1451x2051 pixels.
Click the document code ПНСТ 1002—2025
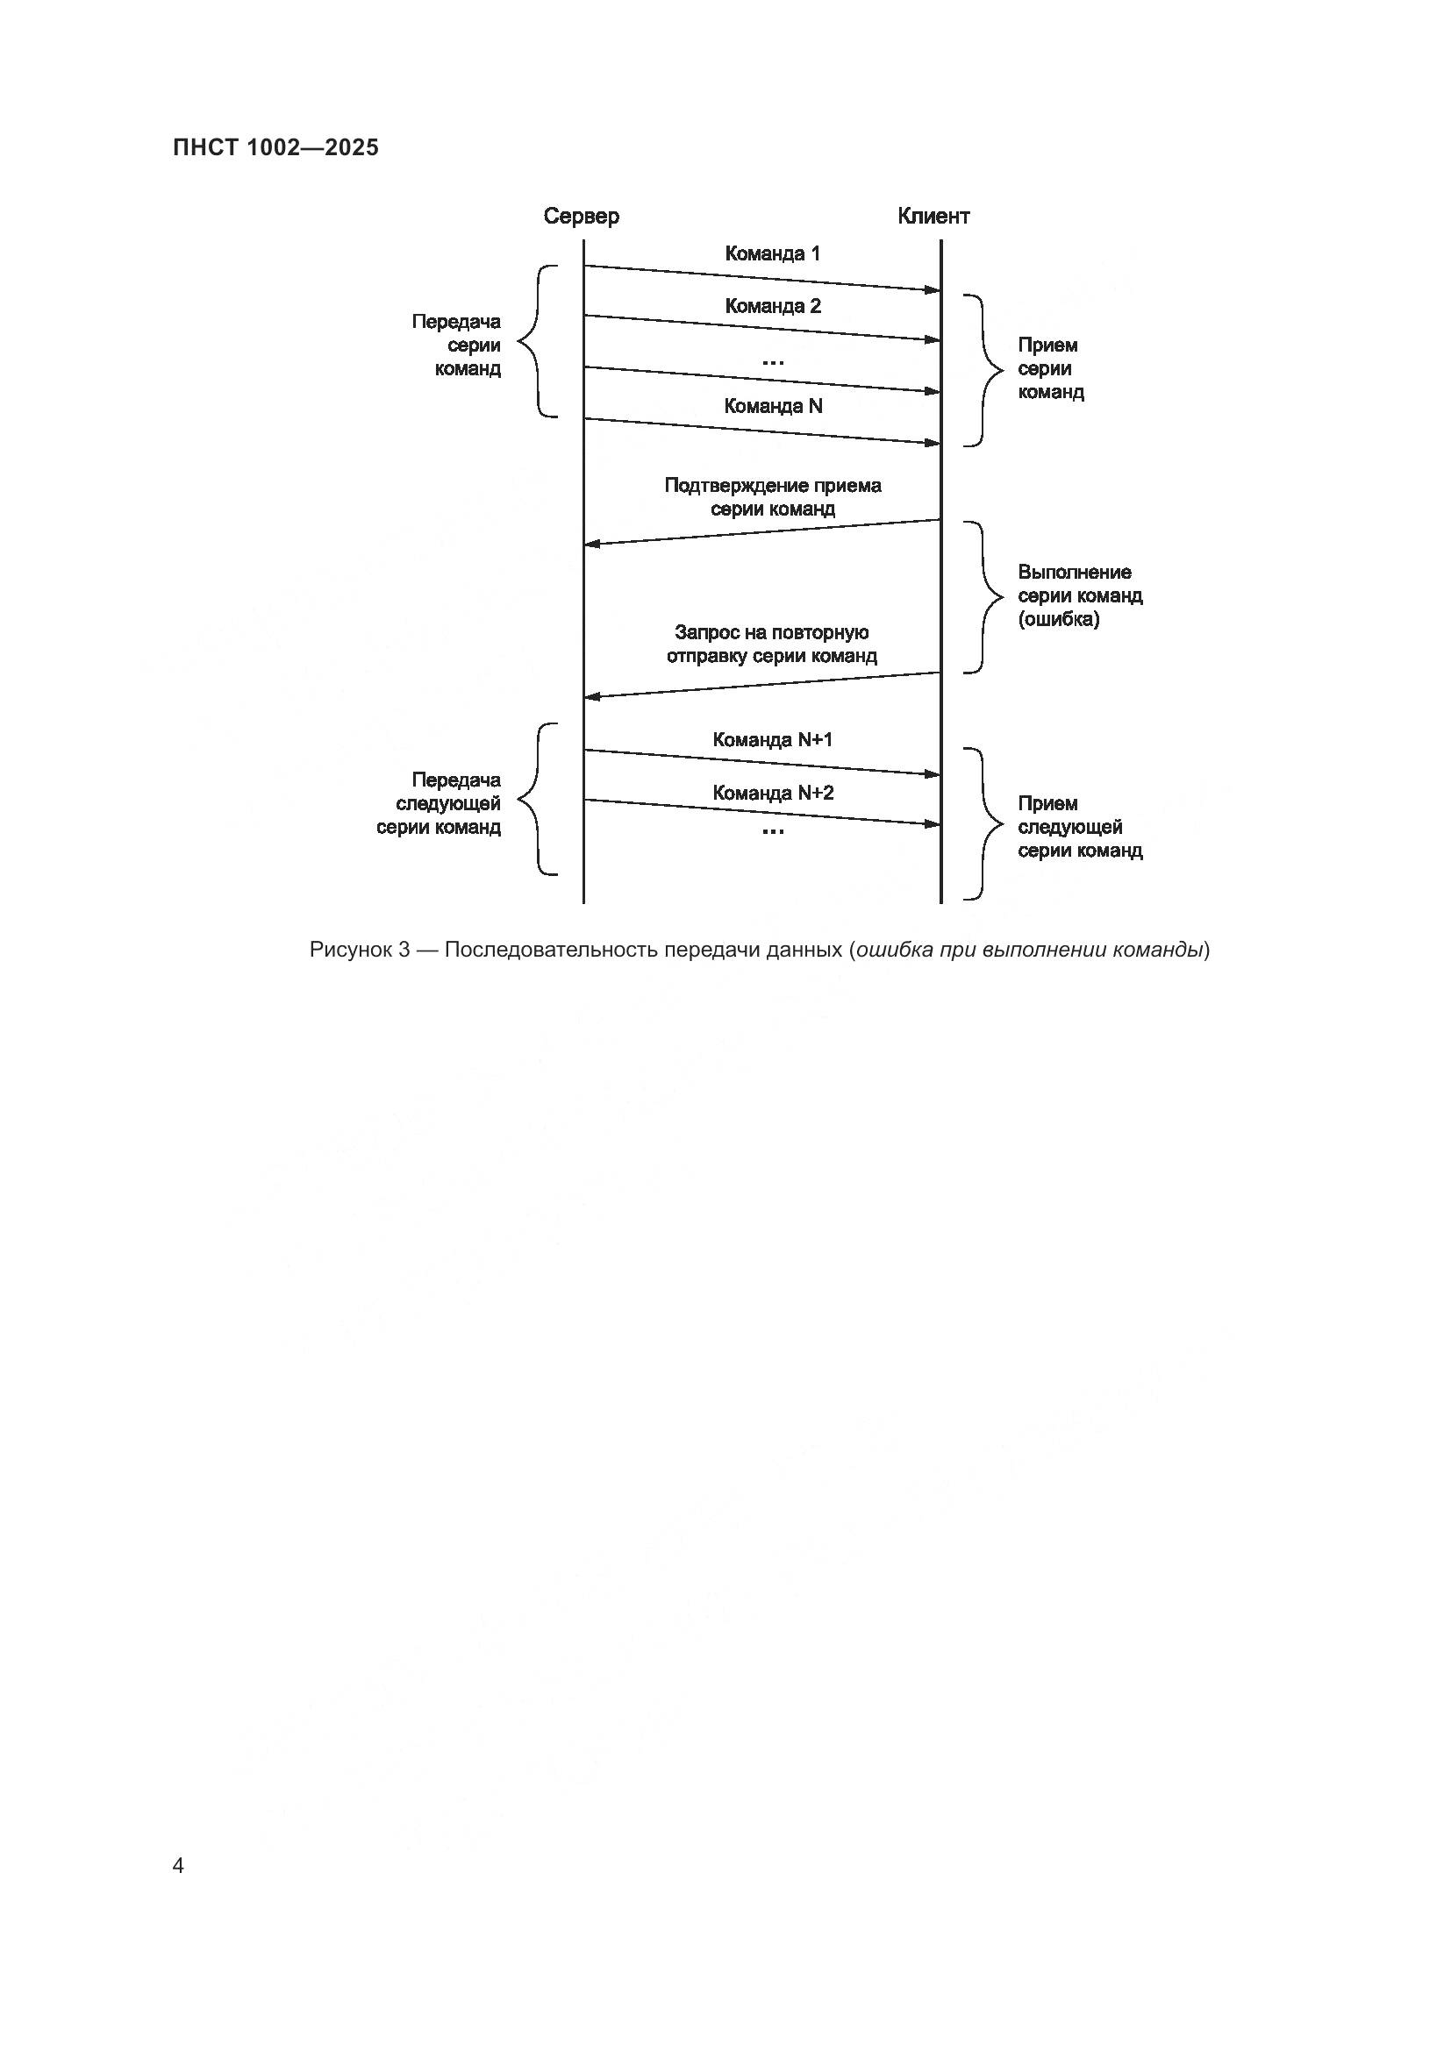pos(275,147)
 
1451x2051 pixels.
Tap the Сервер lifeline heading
pos(581,217)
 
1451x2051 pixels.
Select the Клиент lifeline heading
pos(933,217)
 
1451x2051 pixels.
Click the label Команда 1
pos(772,253)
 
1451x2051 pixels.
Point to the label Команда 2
pos(772,306)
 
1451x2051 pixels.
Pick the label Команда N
pos(772,407)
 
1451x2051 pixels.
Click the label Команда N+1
pos(772,740)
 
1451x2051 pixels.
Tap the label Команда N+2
pos(772,794)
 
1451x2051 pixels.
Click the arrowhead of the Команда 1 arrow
pos(933,290)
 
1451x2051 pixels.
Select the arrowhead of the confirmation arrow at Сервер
pos(590,544)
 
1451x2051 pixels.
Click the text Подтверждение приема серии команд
pos(772,497)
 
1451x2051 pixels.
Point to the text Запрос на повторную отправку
pos(772,645)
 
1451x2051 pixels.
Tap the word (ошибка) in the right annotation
pos(1058,619)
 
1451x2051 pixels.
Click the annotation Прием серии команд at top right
pos(1050,369)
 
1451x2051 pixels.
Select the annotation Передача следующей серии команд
pos(439,804)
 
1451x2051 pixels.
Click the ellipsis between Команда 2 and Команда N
pos(772,362)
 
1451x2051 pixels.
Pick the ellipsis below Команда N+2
pos(772,831)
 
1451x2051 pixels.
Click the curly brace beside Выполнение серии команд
pos(985,597)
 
